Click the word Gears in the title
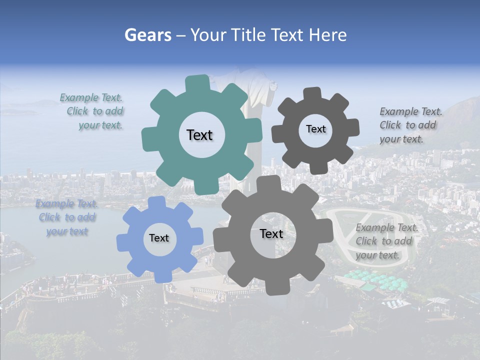click(x=147, y=35)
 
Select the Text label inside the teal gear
click(x=199, y=135)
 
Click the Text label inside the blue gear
click(x=159, y=238)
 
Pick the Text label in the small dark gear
click(x=315, y=129)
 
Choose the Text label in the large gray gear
click(x=271, y=233)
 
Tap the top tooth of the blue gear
click(x=156, y=203)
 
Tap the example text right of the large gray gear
click(x=385, y=241)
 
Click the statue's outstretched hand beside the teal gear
click(x=273, y=85)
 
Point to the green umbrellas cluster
click(x=380, y=280)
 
